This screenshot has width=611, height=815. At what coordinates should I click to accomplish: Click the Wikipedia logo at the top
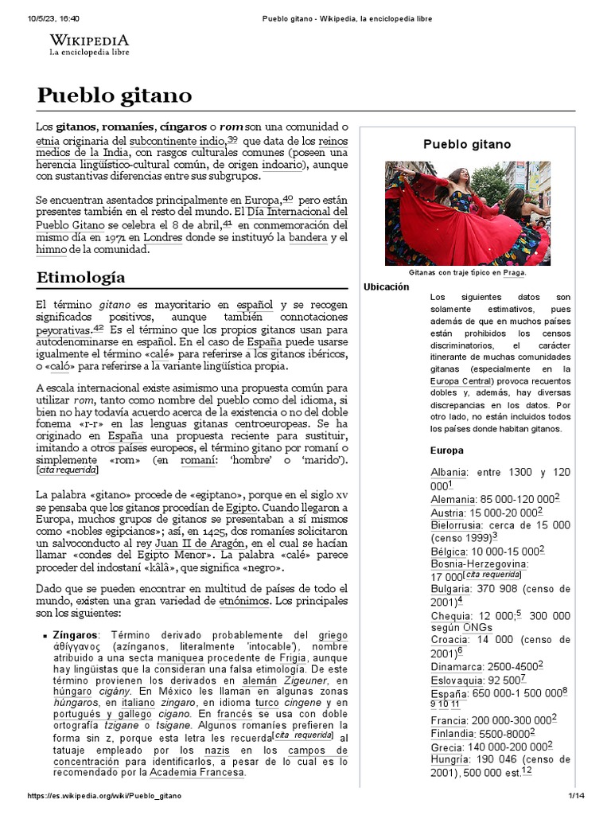pos(89,45)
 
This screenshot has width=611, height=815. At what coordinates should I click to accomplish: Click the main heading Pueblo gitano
pos(115,96)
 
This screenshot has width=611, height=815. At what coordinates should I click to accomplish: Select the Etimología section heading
pos(80,277)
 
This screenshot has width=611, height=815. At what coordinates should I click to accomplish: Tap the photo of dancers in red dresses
pos(467,213)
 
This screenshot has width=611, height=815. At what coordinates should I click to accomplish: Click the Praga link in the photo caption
pos(513,272)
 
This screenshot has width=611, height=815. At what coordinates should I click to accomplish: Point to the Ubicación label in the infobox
pos(386,287)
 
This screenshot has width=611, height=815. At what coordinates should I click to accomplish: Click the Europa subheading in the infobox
pos(446,450)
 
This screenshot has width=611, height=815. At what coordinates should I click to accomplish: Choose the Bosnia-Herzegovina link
pos(479,563)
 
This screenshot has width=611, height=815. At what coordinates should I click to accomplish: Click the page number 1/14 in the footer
pos(575,796)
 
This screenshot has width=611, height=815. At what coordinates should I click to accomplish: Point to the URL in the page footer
pos(104,796)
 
